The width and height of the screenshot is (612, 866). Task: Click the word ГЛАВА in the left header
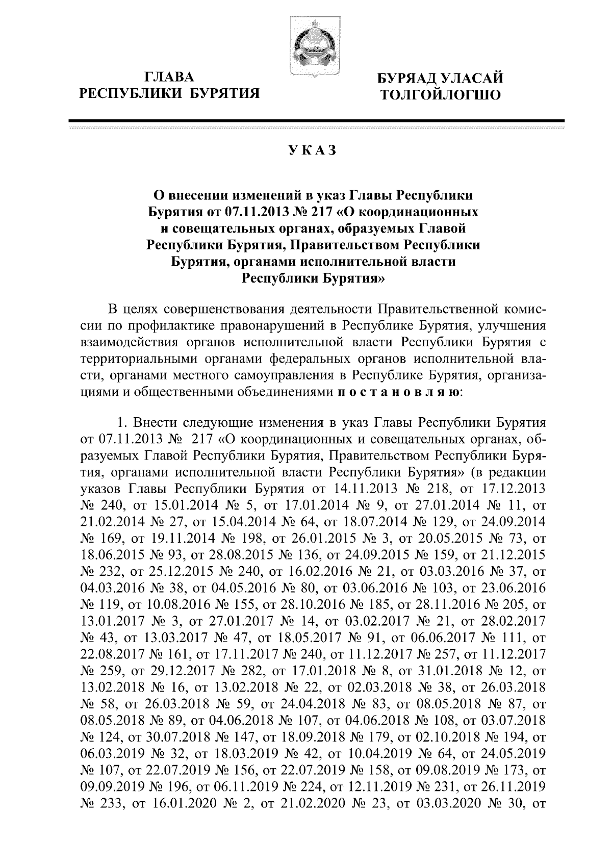[x=170, y=78]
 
